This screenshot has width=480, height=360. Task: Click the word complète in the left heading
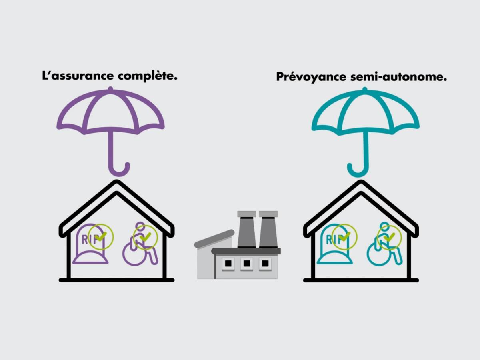coord(147,76)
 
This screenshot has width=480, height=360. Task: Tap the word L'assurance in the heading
coord(78,76)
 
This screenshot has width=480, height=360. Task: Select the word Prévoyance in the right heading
coord(311,77)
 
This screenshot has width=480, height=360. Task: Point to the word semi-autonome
coord(398,77)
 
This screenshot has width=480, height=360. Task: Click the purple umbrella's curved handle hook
coord(119,174)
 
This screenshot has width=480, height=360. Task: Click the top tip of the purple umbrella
coord(110,88)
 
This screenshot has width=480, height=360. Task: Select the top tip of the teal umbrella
coord(364,88)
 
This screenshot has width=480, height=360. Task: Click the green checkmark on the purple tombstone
coord(101,236)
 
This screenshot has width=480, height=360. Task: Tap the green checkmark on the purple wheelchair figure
coord(146,237)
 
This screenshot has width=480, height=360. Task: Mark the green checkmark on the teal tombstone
coord(345,236)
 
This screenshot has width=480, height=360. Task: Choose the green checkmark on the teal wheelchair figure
coord(389,237)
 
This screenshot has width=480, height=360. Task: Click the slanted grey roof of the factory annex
coord(214,239)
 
